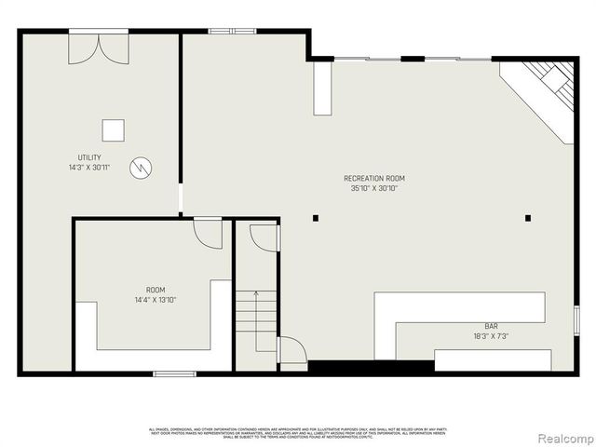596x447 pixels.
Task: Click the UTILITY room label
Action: click(89, 157)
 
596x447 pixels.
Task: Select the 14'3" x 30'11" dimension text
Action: click(89, 168)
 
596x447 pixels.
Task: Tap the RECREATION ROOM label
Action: click(373, 178)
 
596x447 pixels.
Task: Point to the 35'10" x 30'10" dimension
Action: click(373, 188)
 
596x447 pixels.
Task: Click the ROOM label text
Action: click(155, 291)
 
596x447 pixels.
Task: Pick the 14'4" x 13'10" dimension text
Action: click(155, 300)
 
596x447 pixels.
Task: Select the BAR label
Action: click(490, 326)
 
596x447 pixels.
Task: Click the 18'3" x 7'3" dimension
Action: click(490, 336)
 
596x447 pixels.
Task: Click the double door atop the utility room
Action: click(98, 48)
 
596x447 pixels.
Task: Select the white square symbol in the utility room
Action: click(114, 130)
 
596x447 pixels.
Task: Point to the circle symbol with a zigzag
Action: click(141, 168)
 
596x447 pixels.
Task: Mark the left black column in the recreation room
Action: click(316, 218)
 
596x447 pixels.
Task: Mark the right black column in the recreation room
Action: click(528, 218)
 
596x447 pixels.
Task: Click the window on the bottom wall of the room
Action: click(174, 374)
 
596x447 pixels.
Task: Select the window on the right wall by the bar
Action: click(576, 320)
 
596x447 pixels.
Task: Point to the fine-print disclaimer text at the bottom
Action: click(297, 432)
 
